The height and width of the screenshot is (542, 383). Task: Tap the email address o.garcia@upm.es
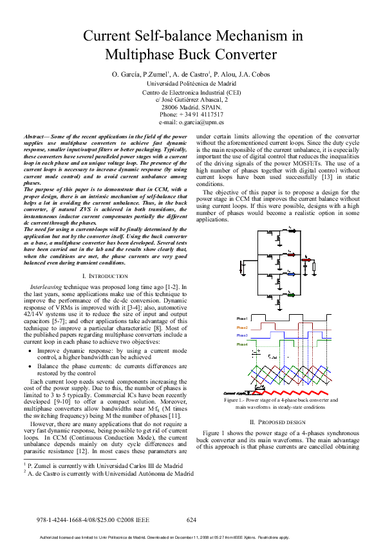[201, 122]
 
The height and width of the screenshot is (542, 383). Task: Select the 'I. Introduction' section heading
[106, 276]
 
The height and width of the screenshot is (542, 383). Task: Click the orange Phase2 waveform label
[241, 328]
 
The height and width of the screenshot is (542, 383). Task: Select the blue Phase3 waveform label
[241, 335]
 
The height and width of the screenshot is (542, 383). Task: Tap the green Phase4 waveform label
[241, 344]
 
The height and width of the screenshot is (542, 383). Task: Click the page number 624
[191, 519]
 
